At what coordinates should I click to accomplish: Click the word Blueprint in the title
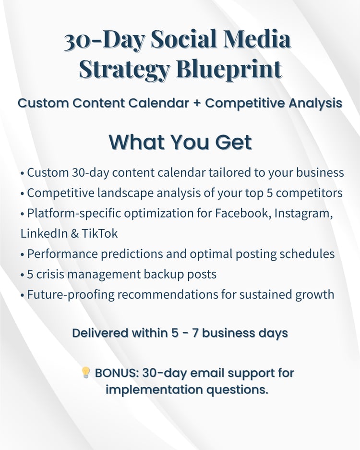(x=229, y=69)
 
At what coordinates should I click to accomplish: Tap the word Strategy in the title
(x=124, y=70)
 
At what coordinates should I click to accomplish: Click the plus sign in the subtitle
(x=197, y=103)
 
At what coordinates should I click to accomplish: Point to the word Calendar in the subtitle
(x=158, y=103)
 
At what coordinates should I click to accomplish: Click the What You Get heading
(x=180, y=142)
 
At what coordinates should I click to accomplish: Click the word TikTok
(x=100, y=233)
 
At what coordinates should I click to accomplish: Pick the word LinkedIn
(x=44, y=233)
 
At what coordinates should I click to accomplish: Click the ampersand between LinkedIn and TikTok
(x=74, y=233)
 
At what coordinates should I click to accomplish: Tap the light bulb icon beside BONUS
(x=86, y=373)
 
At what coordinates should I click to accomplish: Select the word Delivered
(x=100, y=333)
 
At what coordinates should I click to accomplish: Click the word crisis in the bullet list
(x=50, y=274)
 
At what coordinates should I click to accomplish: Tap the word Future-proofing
(x=71, y=295)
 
